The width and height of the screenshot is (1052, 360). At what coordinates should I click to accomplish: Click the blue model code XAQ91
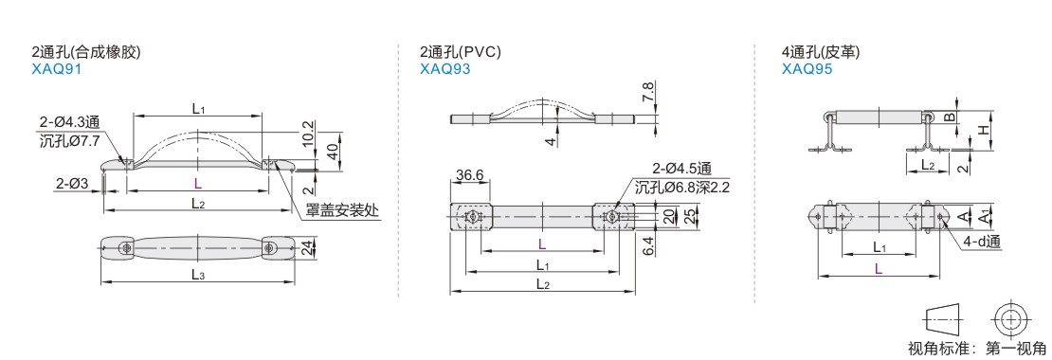[56, 68]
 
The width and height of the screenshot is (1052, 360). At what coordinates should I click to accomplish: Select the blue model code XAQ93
[444, 68]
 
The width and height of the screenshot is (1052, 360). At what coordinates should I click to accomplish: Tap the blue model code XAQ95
[807, 68]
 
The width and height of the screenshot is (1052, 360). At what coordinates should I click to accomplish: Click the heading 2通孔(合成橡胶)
[86, 52]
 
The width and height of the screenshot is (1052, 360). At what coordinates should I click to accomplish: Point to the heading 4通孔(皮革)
[821, 52]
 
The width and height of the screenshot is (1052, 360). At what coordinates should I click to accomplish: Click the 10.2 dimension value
[308, 135]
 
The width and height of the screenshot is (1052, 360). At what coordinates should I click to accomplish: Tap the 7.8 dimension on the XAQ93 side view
[648, 93]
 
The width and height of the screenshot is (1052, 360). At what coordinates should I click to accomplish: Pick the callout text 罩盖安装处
[342, 210]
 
